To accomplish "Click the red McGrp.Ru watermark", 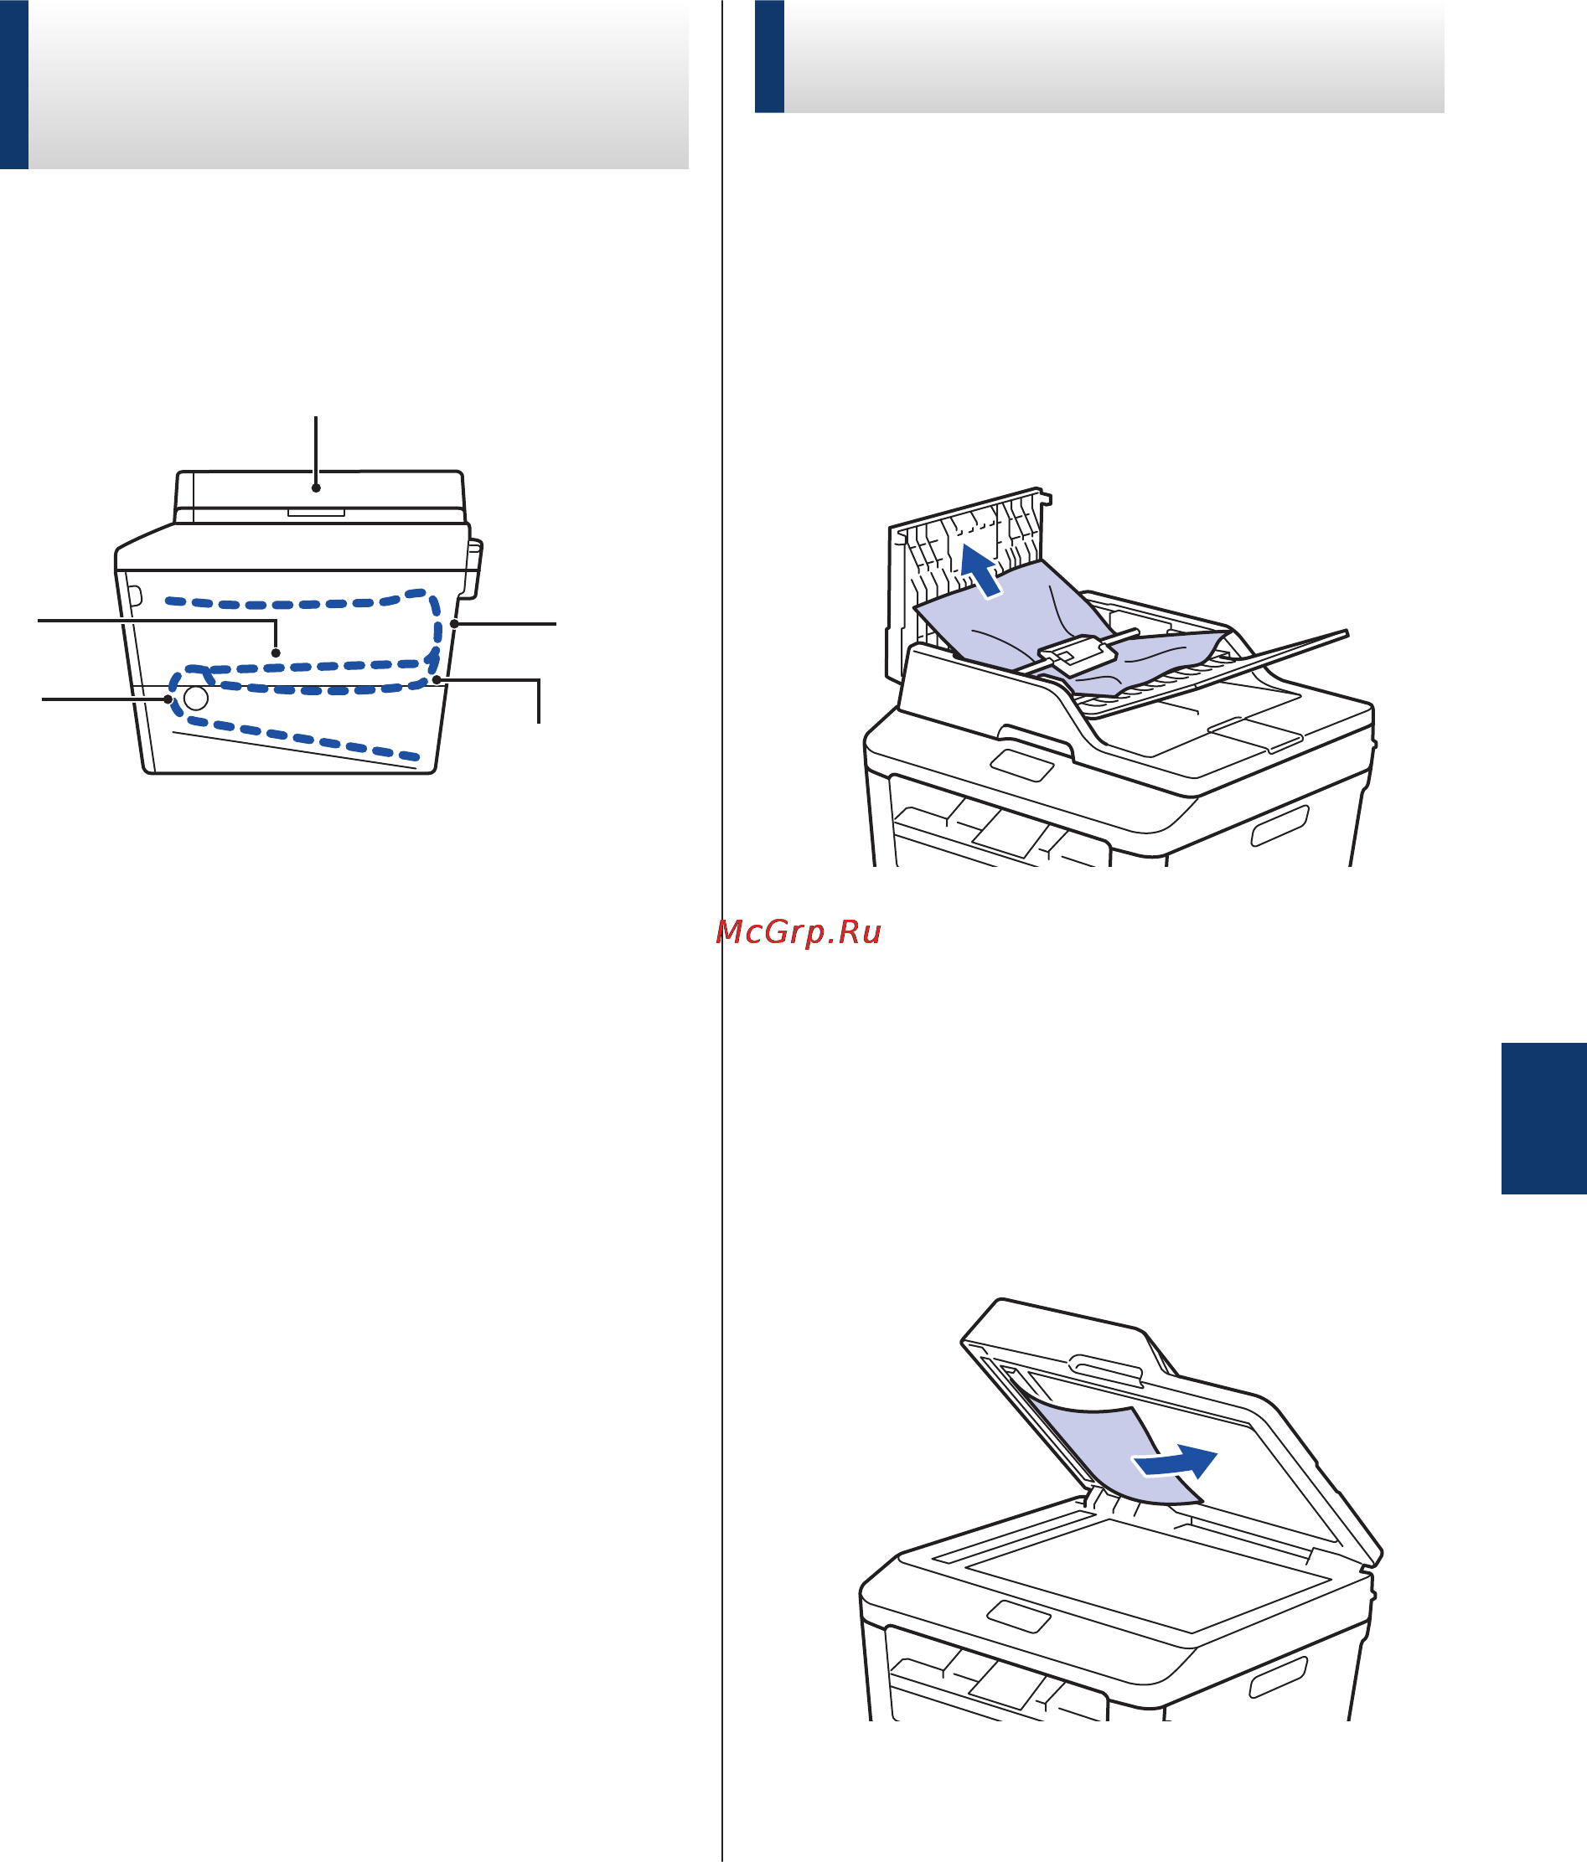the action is point(799,933).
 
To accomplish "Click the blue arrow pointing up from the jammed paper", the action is point(980,570).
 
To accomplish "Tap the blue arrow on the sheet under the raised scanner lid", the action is point(1174,1462).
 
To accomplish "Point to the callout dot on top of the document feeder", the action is point(316,488).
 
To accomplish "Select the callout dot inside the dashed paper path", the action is point(276,653).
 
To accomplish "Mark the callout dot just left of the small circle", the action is point(168,699).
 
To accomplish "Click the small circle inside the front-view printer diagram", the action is point(196,699).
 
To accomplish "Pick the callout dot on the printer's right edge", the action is point(455,623).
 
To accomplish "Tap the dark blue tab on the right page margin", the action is point(1543,1118).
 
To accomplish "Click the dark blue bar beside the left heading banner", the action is point(14,85).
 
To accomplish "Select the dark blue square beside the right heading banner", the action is point(770,56).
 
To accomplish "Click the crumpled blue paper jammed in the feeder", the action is point(1061,629).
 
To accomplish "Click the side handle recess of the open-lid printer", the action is point(1278,1679).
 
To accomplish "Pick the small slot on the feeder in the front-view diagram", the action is point(316,513).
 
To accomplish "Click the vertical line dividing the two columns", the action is point(722,931).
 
